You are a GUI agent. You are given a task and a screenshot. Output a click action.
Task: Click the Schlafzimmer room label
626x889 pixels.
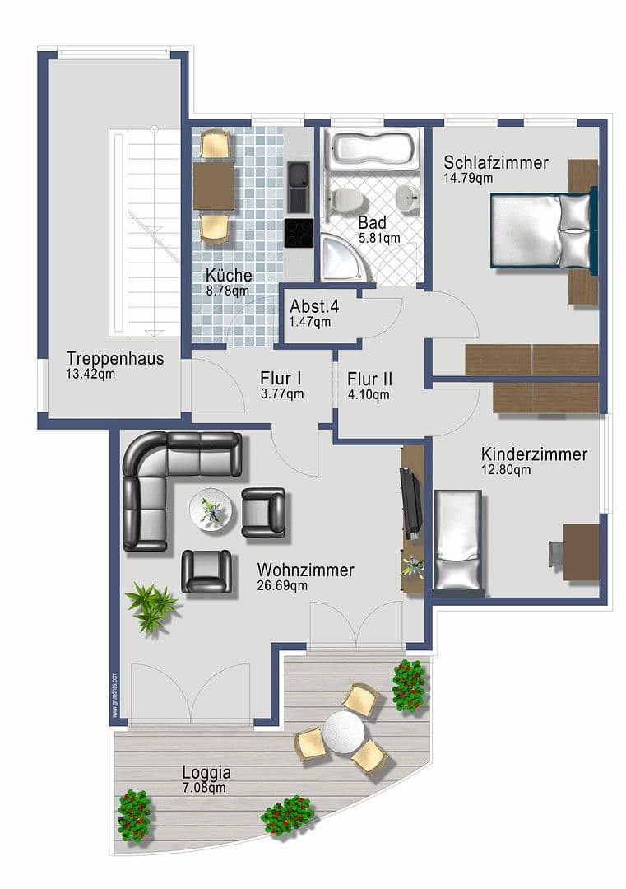[495, 162]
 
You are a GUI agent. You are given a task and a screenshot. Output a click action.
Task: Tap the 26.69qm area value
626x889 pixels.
[281, 586]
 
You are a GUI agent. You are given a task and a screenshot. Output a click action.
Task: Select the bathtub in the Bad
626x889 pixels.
[370, 149]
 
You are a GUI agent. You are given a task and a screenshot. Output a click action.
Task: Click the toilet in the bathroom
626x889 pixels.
[346, 198]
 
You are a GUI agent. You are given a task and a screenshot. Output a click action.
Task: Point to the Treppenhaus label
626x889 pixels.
[114, 359]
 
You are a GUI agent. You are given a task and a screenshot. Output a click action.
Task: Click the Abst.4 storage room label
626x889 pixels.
[313, 306]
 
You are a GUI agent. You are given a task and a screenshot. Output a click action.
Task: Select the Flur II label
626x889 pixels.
[369, 379]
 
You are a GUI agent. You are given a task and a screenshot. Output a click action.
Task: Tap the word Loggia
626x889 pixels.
[206, 773]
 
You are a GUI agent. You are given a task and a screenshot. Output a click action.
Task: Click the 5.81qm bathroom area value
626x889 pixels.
[378, 238]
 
